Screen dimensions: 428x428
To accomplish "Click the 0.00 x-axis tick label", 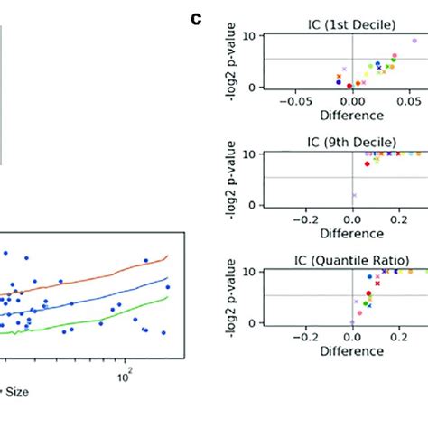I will click(353, 101).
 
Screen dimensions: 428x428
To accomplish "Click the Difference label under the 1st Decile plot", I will click(353, 115).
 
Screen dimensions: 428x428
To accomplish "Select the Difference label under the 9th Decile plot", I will click(353, 233).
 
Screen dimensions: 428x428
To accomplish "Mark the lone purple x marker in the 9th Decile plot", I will click(353, 194).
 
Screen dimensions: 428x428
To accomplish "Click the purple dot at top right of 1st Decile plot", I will click(414, 41).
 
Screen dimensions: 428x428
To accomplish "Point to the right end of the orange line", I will click(167, 257).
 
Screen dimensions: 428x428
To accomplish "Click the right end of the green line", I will click(167, 297).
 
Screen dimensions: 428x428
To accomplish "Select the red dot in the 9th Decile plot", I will click(367, 163).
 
